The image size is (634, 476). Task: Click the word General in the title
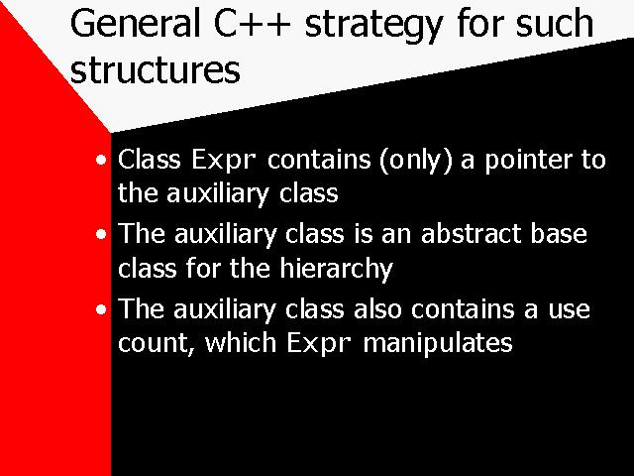click(135, 23)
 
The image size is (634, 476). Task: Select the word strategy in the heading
click(373, 26)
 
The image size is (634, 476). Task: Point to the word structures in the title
click(156, 69)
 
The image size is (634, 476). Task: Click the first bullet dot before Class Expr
click(101, 160)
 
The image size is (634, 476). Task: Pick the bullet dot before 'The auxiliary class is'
click(101, 234)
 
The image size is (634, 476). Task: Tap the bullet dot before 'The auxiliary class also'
click(101, 309)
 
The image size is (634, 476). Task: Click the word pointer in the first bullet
click(528, 161)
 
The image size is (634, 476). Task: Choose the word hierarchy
click(337, 269)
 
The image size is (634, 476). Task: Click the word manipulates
click(438, 344)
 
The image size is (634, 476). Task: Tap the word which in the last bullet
click(241, 343)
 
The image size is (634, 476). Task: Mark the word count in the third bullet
click(154, 344)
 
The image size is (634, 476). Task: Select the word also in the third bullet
click(377, 308)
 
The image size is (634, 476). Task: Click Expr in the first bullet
click(224, 161)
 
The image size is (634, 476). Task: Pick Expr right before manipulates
click(319, 344)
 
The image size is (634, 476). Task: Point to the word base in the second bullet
click(559, 234)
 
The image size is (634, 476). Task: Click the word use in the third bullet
click(569, 311)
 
